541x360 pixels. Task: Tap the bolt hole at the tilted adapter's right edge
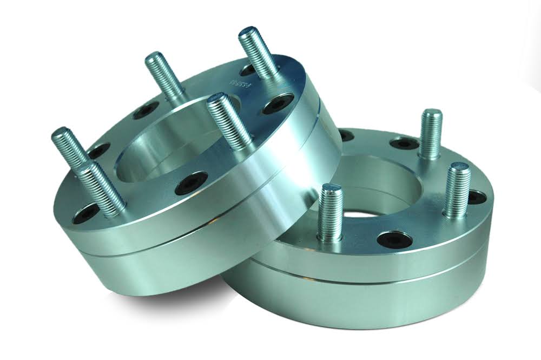coord(281,104)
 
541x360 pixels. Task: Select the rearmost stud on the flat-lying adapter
coord(431,133)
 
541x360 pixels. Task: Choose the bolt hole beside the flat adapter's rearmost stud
coord(404,145)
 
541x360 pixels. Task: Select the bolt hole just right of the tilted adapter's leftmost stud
coord(99,153)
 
